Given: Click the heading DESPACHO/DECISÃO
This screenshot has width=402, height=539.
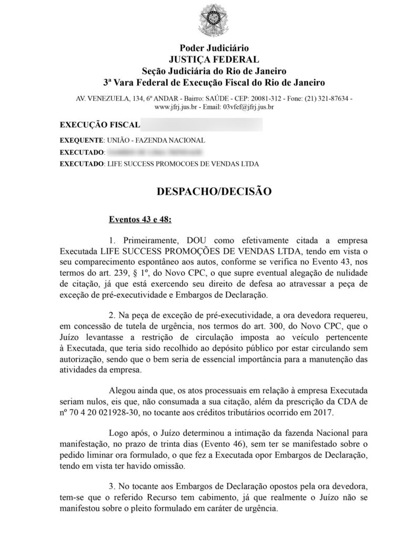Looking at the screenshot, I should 214,192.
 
